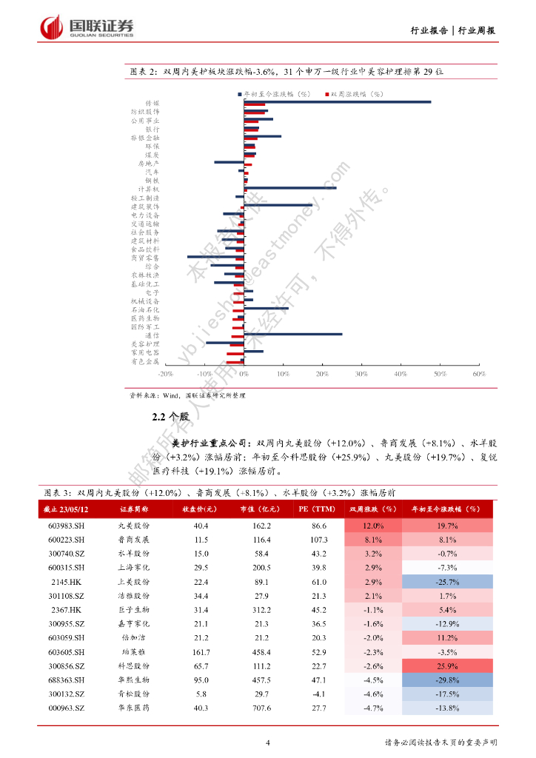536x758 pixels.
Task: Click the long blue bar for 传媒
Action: tap(337, 102)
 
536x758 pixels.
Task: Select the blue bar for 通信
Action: tap(292, 334)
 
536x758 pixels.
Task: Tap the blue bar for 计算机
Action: tap(289, 188)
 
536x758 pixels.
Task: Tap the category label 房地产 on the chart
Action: tap(148, 163)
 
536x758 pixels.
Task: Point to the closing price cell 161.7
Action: tap(201, 651)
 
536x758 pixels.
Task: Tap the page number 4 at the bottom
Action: tap(268, 742)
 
